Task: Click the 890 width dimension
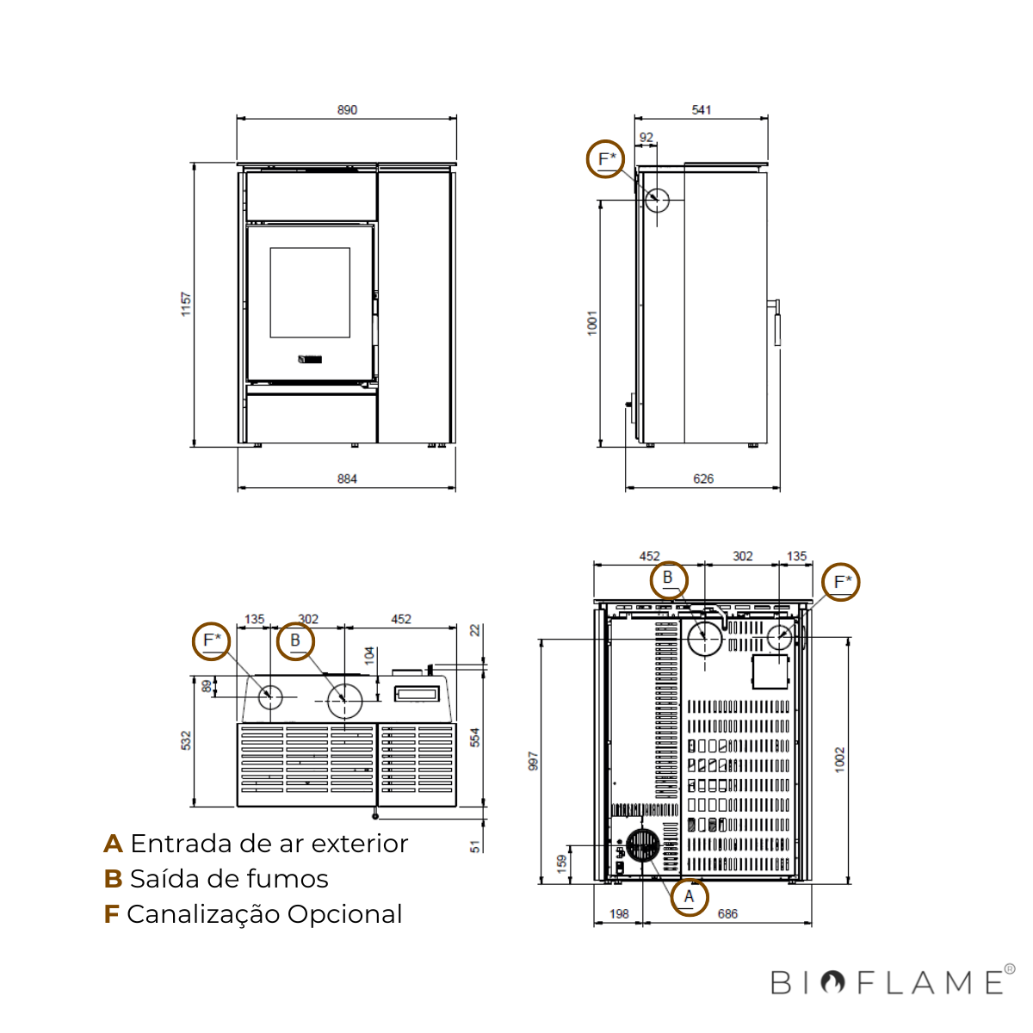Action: click(x=347, y=110)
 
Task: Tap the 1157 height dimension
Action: click(x=186, y=304)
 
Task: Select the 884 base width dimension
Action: click(x=347, y=479)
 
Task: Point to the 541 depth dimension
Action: click(x=702, y=110)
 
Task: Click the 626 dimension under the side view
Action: click(x=703, y=479)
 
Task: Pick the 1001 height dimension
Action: click(x=591, y=324)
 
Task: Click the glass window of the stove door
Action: click(x=310, y=293)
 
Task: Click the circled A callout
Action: click(x=690, y=897)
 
